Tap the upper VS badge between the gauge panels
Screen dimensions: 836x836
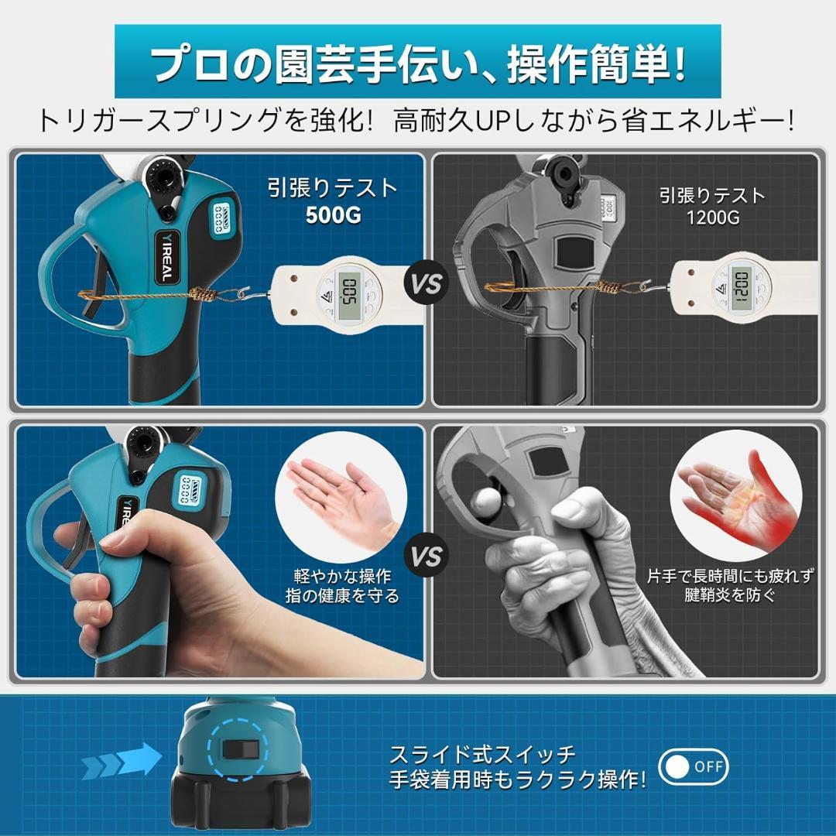(x=427, y=283)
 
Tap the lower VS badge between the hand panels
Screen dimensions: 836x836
(x=427, y=556)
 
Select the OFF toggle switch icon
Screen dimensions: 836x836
(x=693, y=767)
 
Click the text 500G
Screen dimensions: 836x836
(x=333, y=215)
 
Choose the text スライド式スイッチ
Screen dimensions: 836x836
(x=482, y=754)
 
